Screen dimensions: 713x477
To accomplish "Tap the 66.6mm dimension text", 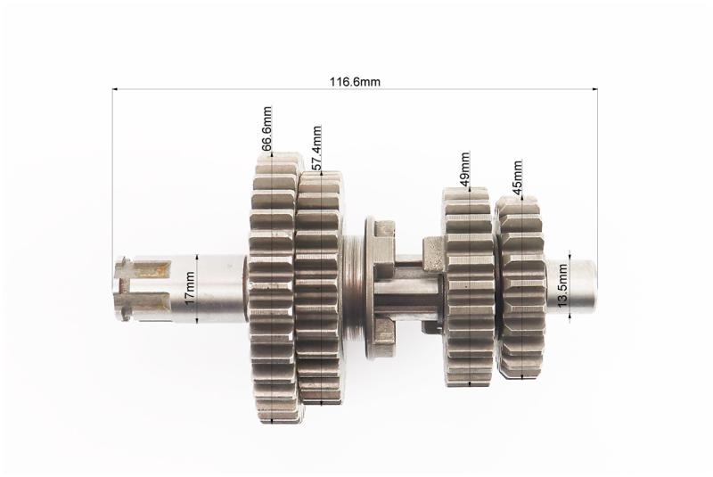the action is [x=266, y=128].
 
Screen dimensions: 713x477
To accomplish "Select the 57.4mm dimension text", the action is [x=317, y=147].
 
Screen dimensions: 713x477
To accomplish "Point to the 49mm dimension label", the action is [x=464, y=169].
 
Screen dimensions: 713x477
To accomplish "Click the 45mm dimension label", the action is [x=518, y=177].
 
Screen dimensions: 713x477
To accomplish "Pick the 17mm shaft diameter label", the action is [x=190, y=288].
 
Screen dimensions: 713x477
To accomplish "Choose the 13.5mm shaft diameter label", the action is [x=562, y=285].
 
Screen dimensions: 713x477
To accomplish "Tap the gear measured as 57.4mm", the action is [x=320, y=287].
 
